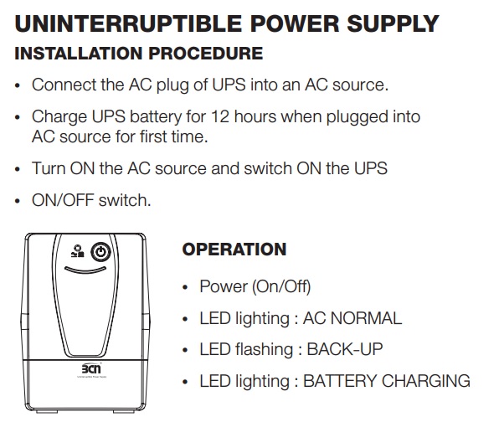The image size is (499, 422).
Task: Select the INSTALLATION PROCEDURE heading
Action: [139, 54]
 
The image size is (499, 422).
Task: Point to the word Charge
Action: [57, 116]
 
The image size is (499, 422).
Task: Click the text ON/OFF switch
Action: [91, 201]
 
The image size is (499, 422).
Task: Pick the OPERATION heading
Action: [234, 250]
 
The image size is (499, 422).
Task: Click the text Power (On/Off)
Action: [255, 286]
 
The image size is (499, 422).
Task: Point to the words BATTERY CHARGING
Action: [386, 381]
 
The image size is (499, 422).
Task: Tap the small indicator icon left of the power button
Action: [78, 250]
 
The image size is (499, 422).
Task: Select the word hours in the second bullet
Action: [256, 116]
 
